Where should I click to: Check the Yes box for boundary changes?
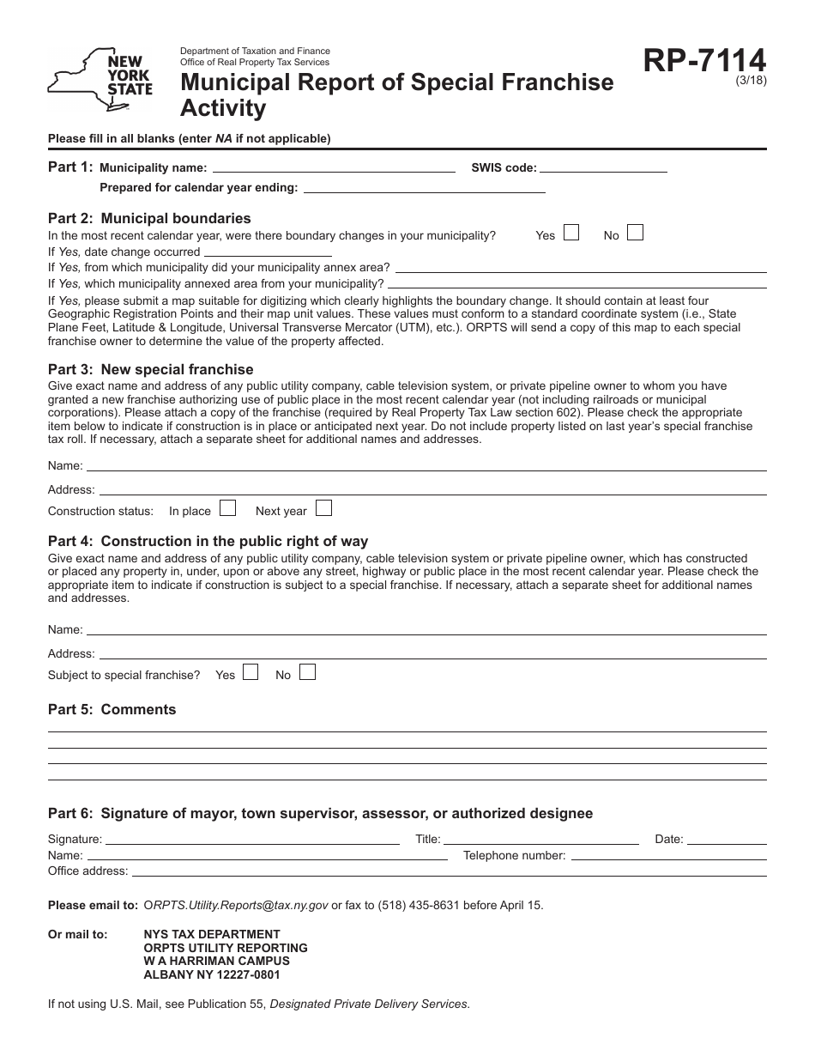[x=571, y=233]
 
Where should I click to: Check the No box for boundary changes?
[x=635, y=233]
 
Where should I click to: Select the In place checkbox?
[x=227, y=508]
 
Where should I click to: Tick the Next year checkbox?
[x=323, y=508]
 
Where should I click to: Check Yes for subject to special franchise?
[x=251, y=672]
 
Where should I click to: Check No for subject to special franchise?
[x=307, y=672]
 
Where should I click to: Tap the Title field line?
[x=540, y=839]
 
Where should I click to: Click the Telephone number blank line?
[x=667, y=855]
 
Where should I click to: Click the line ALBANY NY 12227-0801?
[x=212, y=974]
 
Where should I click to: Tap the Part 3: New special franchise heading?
[x=151, y=369]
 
